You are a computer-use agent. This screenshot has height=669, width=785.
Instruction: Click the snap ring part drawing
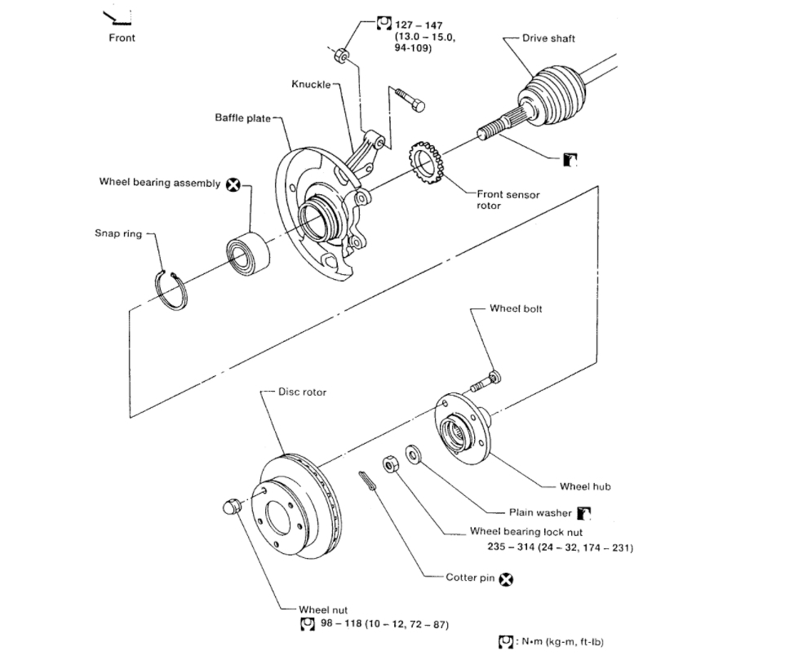tap(173, 289)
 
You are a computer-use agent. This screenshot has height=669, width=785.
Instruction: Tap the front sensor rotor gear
tap(426, 162)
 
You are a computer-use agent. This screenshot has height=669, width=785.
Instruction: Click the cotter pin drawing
tap(368, 481)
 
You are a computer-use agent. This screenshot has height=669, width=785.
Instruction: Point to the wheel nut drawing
tap(231, 507)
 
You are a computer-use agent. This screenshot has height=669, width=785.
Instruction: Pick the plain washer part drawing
tap(412, 454)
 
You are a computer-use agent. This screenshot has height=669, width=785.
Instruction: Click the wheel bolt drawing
tap(486, 381)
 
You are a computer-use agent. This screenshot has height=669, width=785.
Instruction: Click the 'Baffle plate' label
tap(242, 118)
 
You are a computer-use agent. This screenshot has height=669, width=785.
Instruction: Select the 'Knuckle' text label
tap(310, 85)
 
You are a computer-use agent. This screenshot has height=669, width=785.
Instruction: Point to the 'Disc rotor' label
tap(302, 392)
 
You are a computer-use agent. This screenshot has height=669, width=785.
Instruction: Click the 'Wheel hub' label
tap(585, 486)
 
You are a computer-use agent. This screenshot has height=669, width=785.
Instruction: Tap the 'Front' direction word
tap(122, 38)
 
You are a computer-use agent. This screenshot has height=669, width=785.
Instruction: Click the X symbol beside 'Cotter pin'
tap(506, 579)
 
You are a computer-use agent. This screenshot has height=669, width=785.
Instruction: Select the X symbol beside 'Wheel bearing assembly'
tap(233, 184)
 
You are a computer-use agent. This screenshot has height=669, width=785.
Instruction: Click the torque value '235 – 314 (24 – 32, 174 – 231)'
tap(551, 547)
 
